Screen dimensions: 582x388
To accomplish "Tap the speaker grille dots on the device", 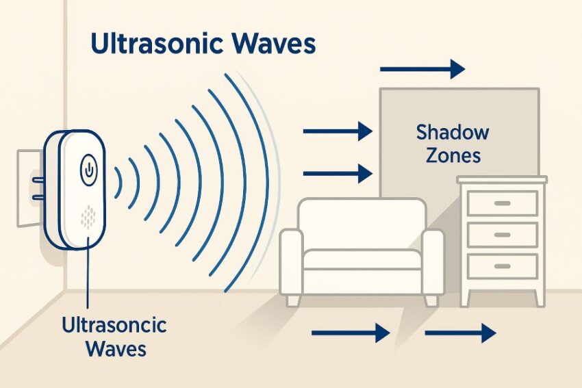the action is [x=88, y=217].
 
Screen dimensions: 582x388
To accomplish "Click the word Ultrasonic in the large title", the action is [x=156, y=43].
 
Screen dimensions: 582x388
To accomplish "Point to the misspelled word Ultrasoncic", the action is [x=114, y=325].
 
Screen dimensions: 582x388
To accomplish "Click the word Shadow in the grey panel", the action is [x=453, y=133].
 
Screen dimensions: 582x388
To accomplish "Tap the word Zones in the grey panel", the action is [x=453, y=155].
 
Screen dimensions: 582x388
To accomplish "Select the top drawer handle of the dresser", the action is [x=502, y=203].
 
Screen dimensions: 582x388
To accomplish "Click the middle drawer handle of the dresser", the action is [x=502, y=235].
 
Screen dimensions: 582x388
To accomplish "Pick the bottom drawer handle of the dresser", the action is [x=502, y=266].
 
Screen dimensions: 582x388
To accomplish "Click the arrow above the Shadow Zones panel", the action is [x=422, y=69].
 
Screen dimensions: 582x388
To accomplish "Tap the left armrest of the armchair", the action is [x=291, y=262].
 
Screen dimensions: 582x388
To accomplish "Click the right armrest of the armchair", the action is [x=432, y=262].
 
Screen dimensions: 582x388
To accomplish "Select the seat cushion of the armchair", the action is [x=362, y=259].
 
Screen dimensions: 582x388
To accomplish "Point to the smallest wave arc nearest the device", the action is [x=118, y=183].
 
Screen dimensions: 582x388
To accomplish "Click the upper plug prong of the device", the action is [x=38, y=180].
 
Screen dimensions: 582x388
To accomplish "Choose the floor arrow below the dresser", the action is [x=460, y=333].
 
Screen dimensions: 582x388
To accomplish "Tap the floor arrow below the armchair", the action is [x=351, y=333].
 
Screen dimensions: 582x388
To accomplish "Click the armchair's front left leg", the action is [x=293, y=300].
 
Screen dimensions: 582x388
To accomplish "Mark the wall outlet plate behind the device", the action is [x=29, y=187].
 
